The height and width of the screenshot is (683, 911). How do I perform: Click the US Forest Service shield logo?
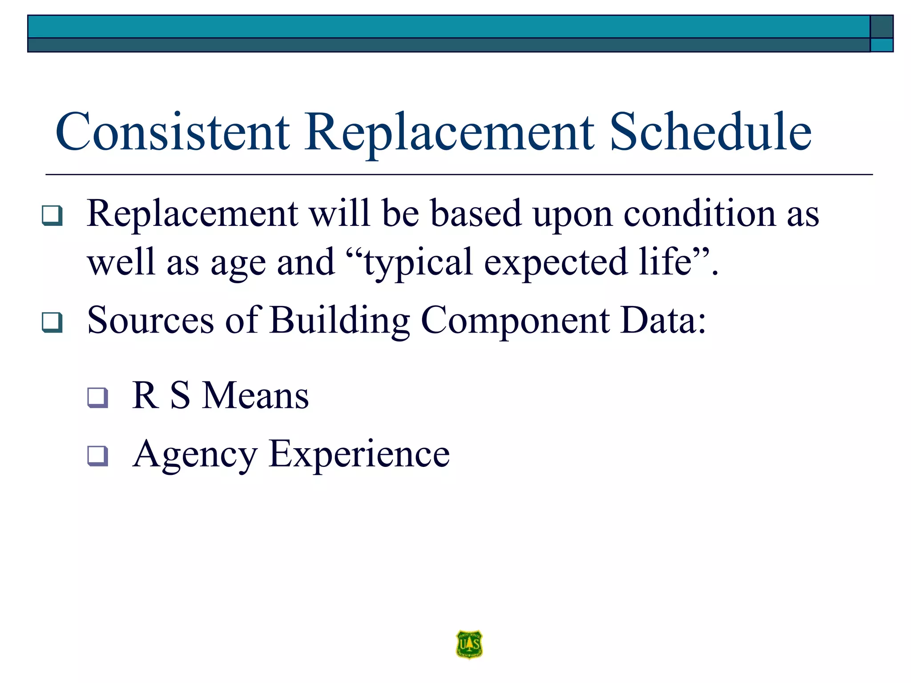pos(469,644)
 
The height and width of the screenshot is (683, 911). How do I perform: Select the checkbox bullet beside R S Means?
pos(97,398)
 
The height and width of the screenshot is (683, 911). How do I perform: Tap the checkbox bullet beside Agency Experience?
pos(97,456)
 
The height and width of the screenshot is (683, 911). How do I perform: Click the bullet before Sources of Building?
pos(52,322)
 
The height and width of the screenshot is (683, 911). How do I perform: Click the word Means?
pos(255,395)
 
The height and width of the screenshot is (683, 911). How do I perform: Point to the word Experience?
pos(359,454)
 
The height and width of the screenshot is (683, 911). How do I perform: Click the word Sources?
pos(150,320)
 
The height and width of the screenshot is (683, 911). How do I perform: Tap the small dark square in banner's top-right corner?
pos(881,27)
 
